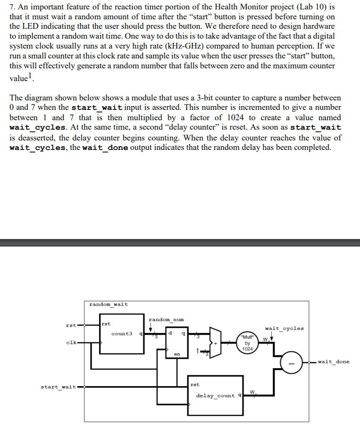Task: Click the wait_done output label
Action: [334, 362]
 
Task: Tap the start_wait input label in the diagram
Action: [59, 387]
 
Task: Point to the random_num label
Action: [166, 320]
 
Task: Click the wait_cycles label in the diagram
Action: [285, 328]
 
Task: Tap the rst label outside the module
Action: [71, 325]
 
